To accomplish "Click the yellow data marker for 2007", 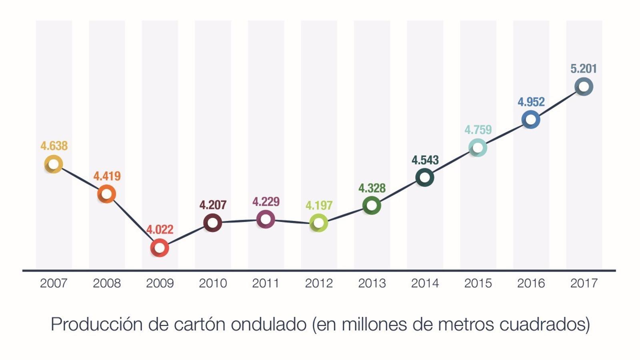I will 53,164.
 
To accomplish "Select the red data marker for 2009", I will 160,248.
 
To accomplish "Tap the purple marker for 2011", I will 266,219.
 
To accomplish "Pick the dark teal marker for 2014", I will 425,177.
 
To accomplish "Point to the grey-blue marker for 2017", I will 584,86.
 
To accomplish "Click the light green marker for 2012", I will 319,223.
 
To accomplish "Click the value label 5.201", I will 584,69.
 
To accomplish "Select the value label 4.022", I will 160,230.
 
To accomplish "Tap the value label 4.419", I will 107,176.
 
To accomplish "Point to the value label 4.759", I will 478,130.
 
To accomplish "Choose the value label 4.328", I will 372,188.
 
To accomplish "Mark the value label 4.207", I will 213,205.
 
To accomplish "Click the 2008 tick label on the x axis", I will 107,283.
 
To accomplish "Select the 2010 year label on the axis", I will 213,283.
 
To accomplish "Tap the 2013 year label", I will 372,283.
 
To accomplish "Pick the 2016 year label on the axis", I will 531,283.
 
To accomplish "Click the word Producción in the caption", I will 96,324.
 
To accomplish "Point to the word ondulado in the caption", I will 268,324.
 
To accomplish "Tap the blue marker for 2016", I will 531,120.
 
